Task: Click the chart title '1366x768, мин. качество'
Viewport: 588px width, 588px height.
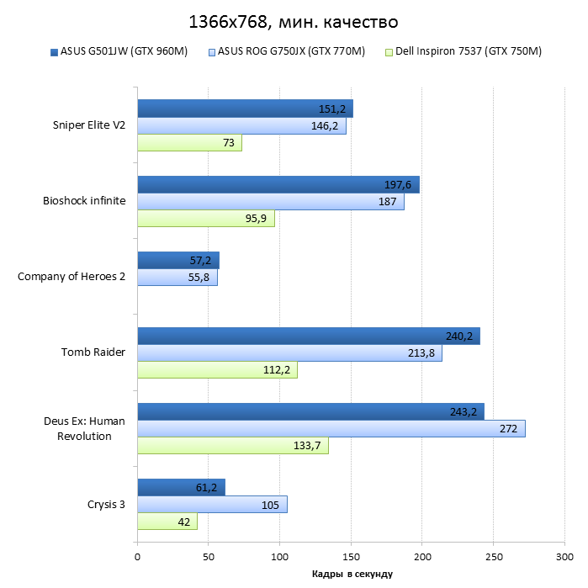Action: [x=294, y=19]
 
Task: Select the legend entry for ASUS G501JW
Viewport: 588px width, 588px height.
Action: [x=124, y=51]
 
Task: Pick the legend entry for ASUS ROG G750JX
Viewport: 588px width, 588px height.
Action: [x=290, y=51]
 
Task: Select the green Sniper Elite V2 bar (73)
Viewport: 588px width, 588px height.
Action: [x=189, y=143]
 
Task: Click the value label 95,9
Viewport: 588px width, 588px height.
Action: [x=257, y=219]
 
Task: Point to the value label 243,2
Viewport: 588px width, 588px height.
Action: [x=464, y=412]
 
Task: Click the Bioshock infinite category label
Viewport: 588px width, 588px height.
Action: [x=84, y=201]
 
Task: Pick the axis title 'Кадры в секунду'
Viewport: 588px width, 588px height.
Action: [x=351, y=574]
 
